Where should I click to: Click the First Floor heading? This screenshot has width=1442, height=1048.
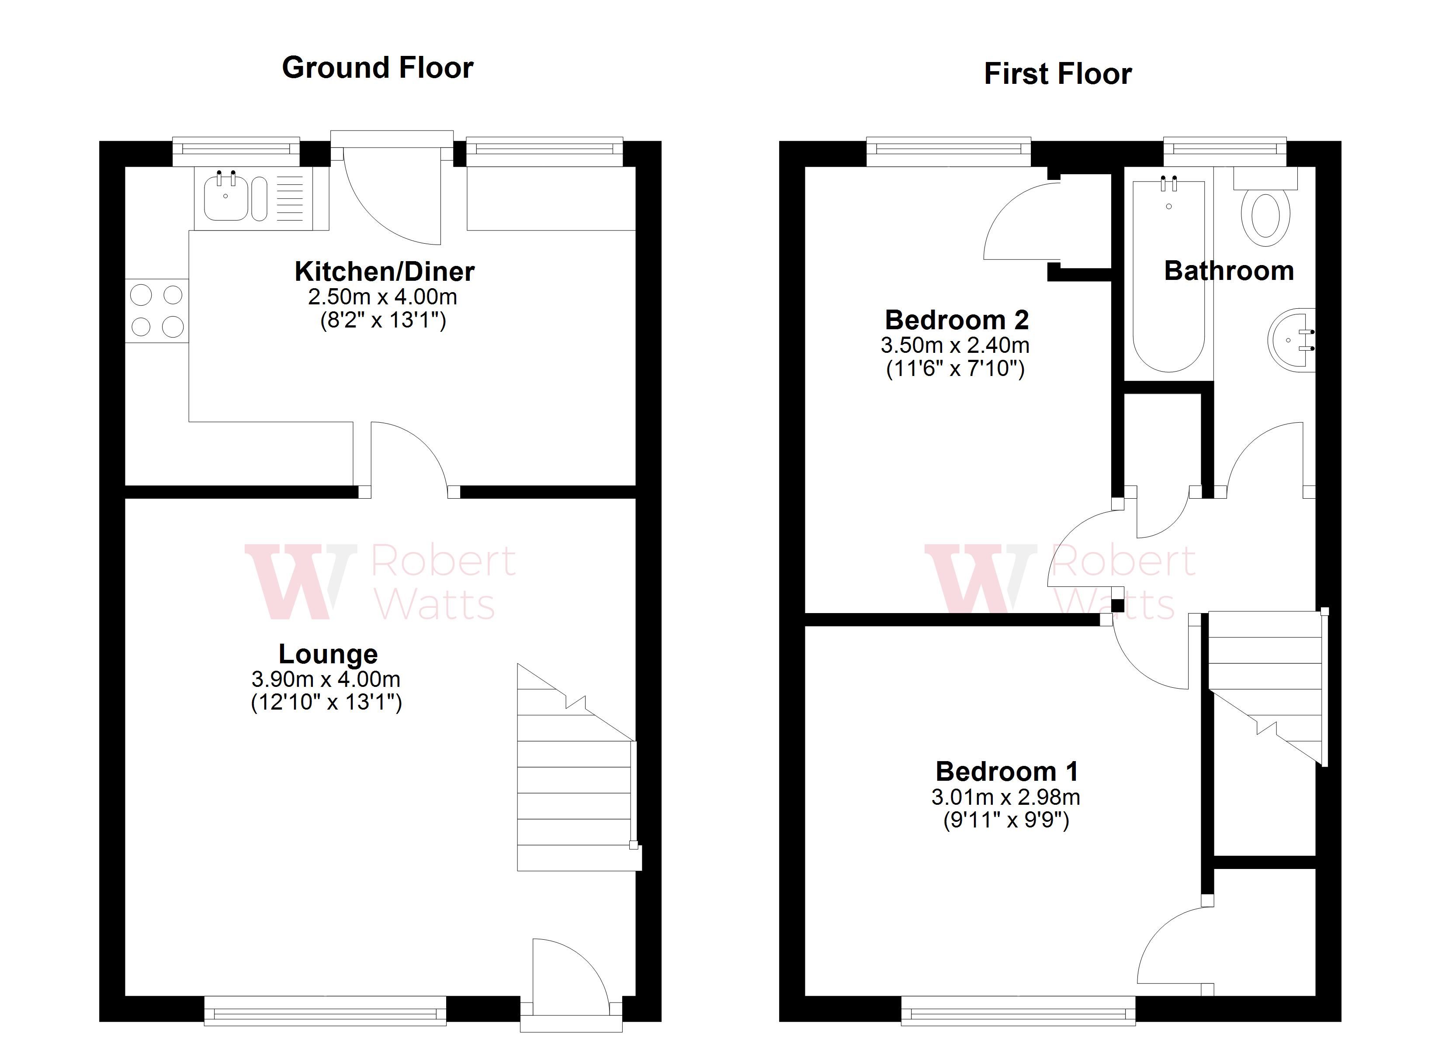[x=1057, y=74]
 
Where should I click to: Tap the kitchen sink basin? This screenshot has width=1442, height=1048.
[x=226, y=198]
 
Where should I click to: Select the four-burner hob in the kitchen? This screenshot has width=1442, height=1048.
[x=156, y=311]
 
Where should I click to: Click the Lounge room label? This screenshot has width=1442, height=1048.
[x=328, y=654]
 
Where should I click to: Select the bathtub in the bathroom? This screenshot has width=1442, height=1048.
[x=1168, y=276]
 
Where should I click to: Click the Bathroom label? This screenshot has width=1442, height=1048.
[x=1228, y=271]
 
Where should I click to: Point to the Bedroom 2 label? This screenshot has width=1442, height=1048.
[x=956, y=320]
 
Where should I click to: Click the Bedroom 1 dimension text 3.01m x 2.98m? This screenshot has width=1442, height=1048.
[x=1005, y=797]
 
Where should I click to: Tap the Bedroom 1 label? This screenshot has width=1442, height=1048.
[x=1006, y=772]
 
